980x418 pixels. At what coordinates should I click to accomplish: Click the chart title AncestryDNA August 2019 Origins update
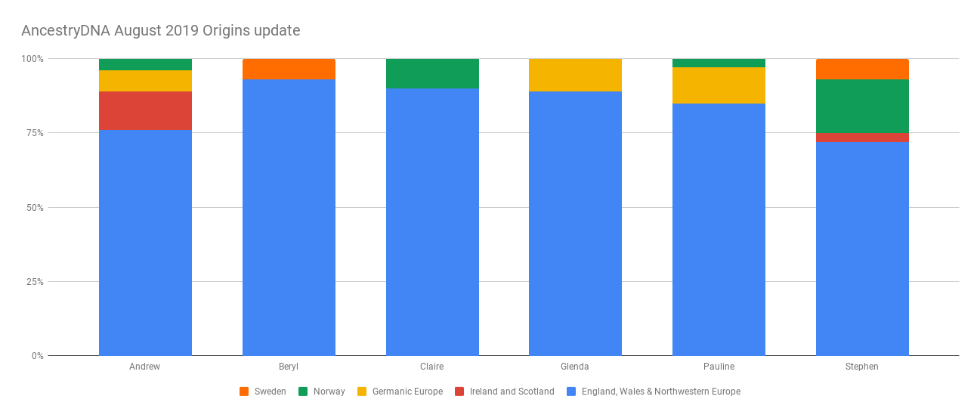click(x=160, y=31)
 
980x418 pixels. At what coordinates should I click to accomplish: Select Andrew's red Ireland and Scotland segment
click(x=145, y=110)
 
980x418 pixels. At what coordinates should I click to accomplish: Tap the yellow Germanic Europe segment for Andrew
click(x=145, y=81)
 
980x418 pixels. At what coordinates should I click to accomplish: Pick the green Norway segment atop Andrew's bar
click(x=145, y=64)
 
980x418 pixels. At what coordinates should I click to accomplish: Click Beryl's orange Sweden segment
click(x=289, y=69)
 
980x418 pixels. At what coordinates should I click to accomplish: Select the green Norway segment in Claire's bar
click(x=432, y=73)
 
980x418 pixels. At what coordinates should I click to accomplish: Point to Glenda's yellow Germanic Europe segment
click(x=575, y=75)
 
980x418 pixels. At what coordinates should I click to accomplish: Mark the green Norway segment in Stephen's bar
click(x=862, y=106)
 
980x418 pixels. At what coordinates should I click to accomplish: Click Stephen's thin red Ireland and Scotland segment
click(x=862, y=137)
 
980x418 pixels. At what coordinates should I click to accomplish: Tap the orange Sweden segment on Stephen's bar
click(x=862, y=69)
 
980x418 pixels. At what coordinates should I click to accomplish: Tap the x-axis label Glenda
click(x=575, y=367)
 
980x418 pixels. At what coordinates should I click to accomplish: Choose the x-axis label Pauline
click(x=719, y=367)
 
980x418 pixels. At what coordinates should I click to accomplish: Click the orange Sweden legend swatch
click(x=244, y=392)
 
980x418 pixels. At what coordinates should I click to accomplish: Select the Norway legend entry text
click(x=329, y=392)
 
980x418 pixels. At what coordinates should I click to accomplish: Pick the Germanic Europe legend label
click(x=407, y=392)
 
